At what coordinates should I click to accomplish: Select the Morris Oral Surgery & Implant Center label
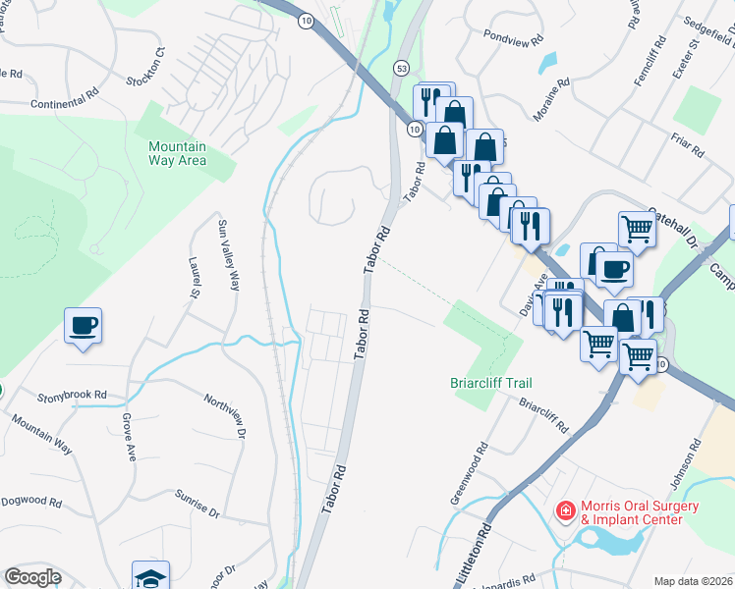tap(641, 512)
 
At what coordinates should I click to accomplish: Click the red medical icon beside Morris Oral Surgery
tap(565, 510)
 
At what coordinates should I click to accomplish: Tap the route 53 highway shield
tap(402, 68)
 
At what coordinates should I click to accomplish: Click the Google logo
tap(33, 577)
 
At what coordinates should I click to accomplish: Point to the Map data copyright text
tap(694, 581)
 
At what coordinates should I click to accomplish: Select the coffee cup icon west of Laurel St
tap(84, 325)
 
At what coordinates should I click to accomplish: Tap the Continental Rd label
tap(66, 102)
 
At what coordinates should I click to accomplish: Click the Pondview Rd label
tap(513, 41)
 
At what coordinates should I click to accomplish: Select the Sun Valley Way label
tap(228, 254)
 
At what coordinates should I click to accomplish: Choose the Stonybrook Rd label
tap(72, 395)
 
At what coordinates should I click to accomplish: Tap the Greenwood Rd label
tap(470, 474)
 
